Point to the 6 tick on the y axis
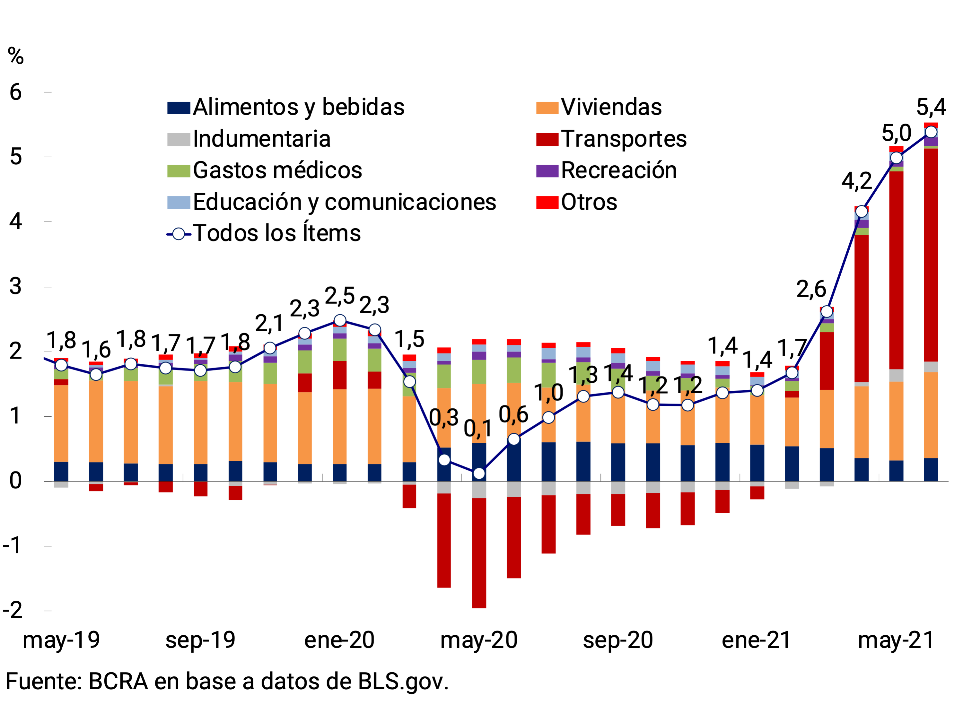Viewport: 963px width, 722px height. (16, 92)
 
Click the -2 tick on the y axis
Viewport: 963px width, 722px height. (13, 611)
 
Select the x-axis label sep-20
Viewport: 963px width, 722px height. (618, 640)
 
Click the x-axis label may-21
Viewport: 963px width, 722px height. (896, 640)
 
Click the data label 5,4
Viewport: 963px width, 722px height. (931, 107)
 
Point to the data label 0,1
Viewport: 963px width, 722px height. (478, 429)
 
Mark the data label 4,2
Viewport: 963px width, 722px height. (856, 181)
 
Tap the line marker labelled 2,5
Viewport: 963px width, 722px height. (340, 321)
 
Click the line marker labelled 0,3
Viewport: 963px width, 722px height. (444, 460)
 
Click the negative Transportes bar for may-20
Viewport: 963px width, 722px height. (479, 553)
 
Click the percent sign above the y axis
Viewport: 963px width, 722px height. (16, 57)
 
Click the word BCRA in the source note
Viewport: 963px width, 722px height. (118, 682)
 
